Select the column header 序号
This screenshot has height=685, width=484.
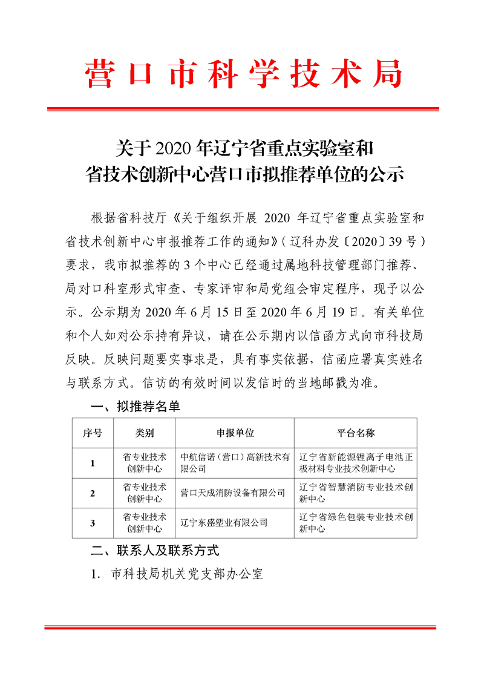tap(93, 433)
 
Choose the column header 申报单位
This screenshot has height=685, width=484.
tap(235, 433)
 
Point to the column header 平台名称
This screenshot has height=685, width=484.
tap(355, 433)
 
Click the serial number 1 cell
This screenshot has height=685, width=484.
tap(93, 464)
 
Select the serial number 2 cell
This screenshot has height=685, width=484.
tap(93, 494)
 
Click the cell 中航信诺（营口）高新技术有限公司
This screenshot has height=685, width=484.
tap(235, 463)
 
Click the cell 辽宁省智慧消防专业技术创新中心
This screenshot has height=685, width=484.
tap(355, 493)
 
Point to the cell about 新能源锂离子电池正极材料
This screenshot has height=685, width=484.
tap(355, 463)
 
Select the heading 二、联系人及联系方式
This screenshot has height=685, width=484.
tap(154, 551)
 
